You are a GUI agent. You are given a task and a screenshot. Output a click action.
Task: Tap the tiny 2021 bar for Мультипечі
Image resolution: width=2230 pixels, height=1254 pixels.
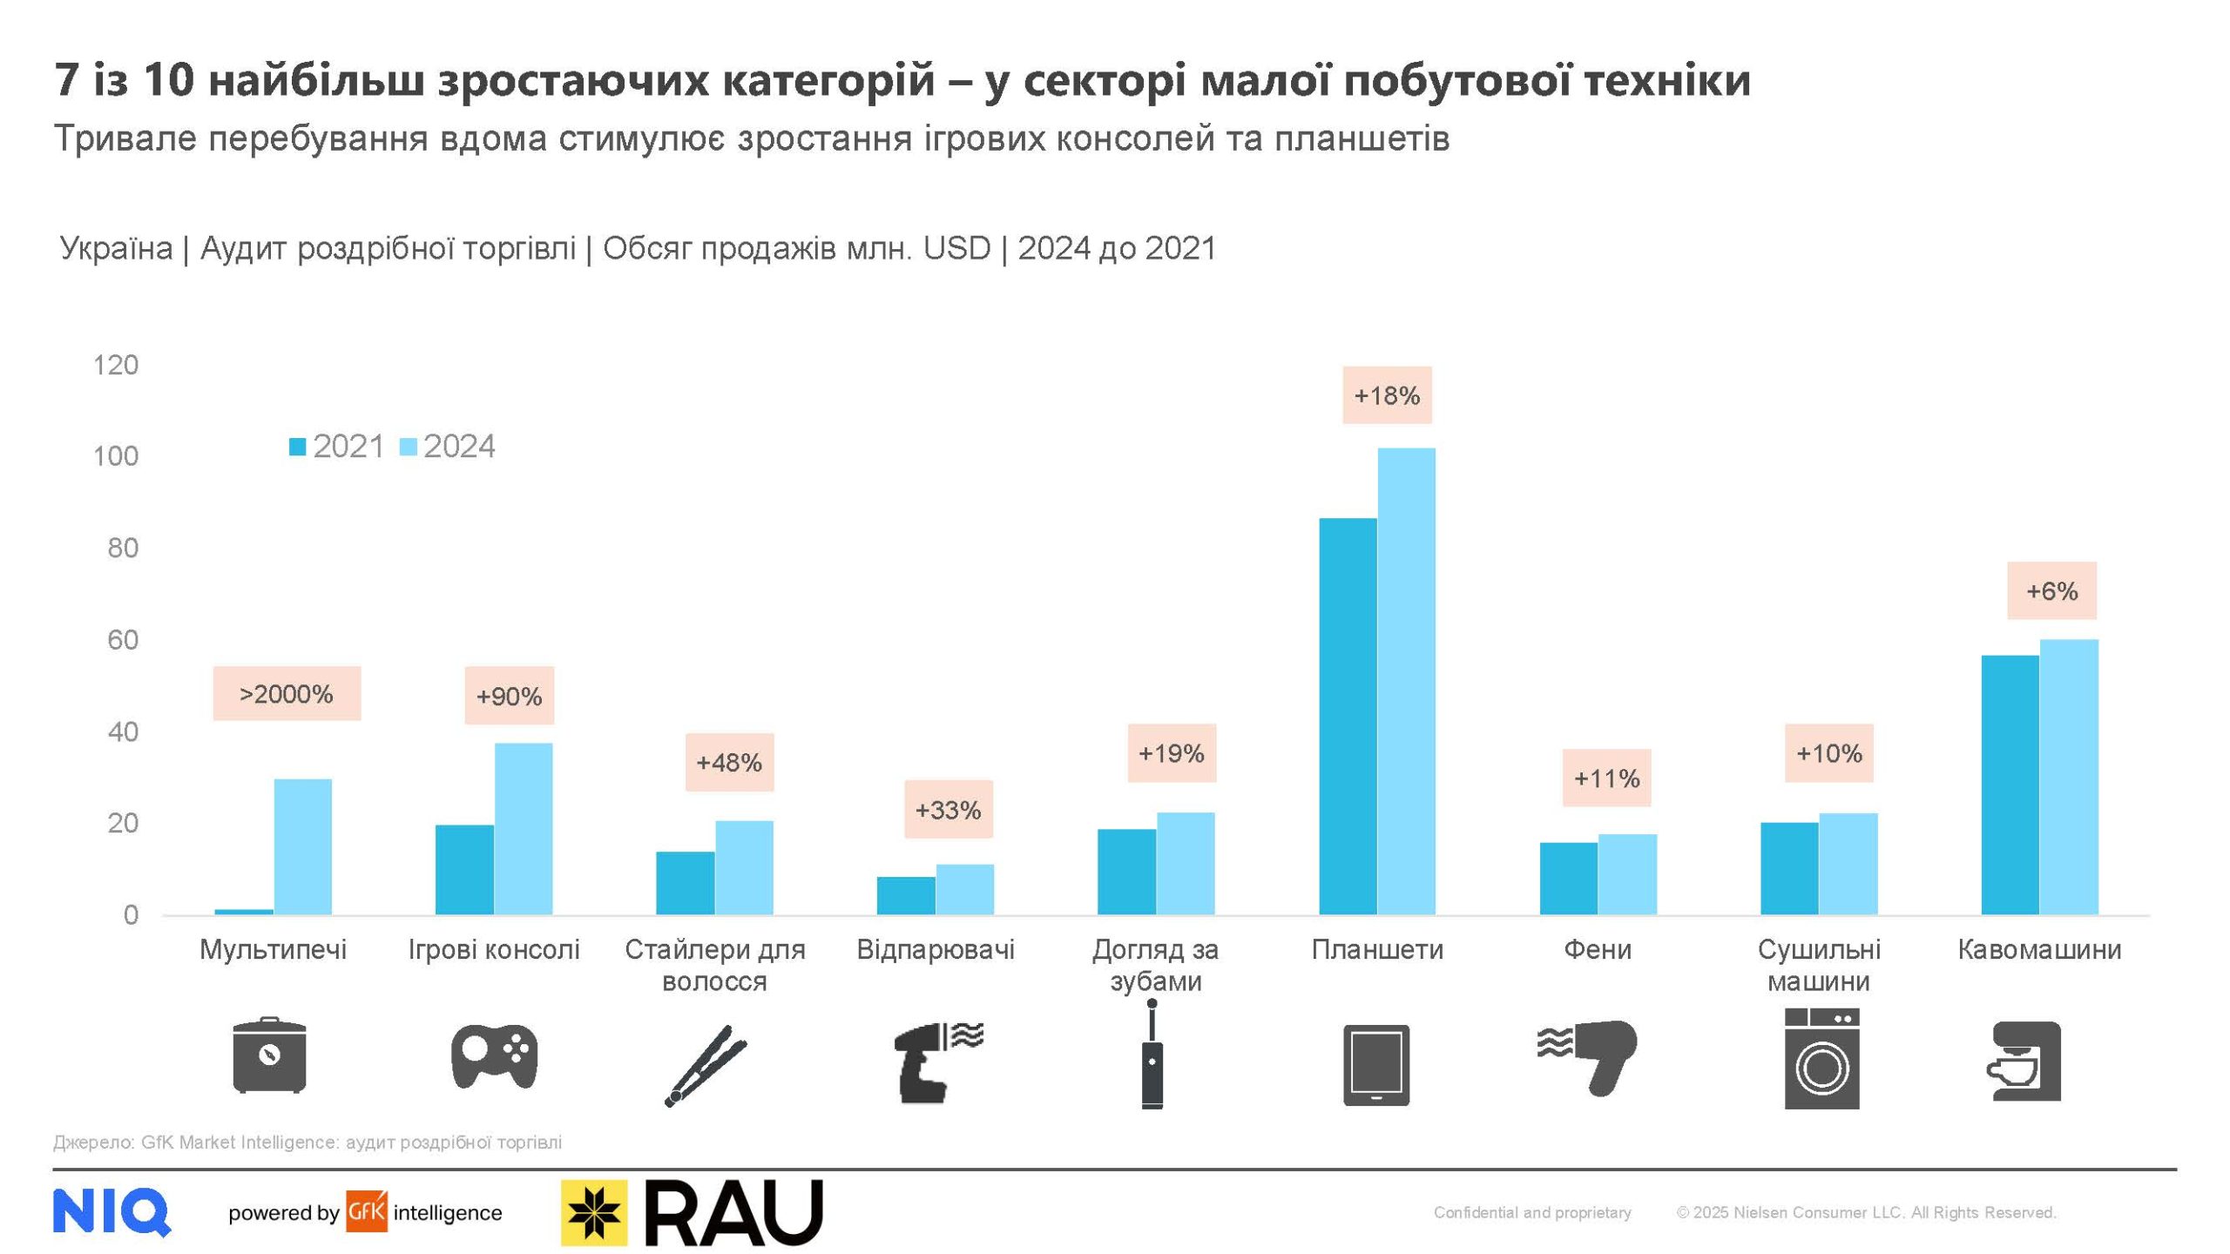[244, 912]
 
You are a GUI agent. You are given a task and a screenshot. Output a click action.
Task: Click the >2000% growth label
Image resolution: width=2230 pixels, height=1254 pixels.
[287, 694]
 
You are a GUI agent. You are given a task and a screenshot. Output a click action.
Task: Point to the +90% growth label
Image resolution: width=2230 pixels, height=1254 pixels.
[509, 696]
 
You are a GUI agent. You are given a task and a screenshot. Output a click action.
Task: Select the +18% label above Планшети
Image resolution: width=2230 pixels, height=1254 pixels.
[1387, 395]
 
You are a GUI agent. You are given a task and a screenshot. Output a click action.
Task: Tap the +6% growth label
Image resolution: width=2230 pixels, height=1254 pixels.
[2051, 591]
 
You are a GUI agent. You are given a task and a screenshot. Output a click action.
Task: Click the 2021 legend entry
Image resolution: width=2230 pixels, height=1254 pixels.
[337, 447]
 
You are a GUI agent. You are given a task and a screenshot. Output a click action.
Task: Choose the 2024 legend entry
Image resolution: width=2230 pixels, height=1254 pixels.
[448, 447]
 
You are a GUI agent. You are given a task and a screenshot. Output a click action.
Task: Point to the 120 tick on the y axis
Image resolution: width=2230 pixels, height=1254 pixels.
[116, 365]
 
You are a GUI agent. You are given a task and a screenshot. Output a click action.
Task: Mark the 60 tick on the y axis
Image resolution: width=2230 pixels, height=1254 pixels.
[123, 640]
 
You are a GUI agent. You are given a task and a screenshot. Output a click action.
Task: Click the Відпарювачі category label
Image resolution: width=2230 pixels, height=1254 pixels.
[936, 949]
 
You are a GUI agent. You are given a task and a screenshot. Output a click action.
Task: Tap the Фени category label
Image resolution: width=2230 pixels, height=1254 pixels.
[1598, 949]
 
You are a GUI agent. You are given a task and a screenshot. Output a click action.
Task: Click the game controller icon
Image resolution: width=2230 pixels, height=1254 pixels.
[494, 1056]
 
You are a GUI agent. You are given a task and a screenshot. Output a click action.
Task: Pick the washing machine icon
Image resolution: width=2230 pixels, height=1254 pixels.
[1821, 1058]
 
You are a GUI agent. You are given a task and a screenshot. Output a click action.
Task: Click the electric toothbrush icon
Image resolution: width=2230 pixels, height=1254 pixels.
[1152, 1055]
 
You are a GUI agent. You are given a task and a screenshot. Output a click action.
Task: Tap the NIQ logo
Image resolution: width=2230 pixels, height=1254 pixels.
[111, 1211]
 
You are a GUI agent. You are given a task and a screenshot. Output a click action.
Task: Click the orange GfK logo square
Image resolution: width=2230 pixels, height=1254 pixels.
[366, 1211]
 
